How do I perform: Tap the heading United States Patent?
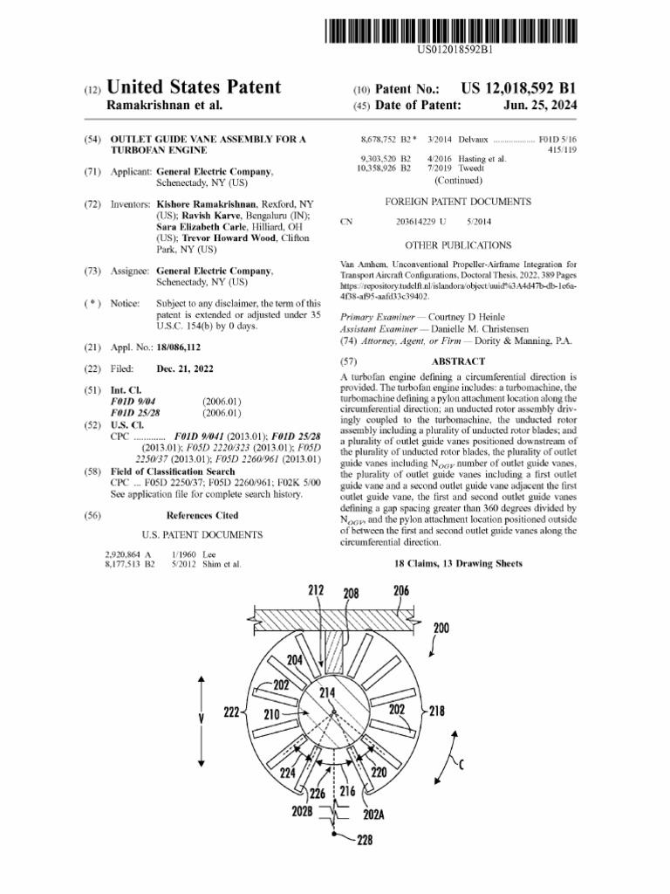(x=193, y=87)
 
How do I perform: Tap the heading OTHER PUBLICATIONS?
(x=457, y=245)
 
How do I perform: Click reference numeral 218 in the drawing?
(x=435, y=712)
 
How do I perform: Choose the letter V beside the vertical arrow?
(x=202, y=719)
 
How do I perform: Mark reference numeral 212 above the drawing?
(x=316, y=591)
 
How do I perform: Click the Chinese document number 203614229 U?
(x=420, y=222)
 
